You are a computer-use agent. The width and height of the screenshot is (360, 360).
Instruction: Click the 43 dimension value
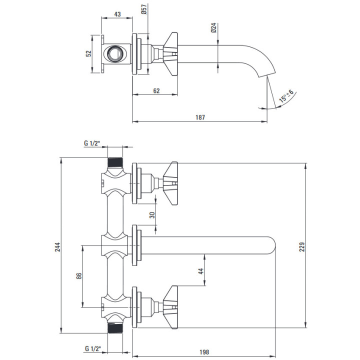(x=117, y=14)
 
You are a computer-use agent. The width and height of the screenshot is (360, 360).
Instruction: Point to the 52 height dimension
(x=88, y=53)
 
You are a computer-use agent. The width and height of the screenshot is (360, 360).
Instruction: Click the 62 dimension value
(x=156, y=90)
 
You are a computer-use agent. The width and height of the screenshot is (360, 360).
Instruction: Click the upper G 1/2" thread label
(x=92, y=143)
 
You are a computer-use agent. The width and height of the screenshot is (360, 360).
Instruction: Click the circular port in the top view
(x=115, y=53)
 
